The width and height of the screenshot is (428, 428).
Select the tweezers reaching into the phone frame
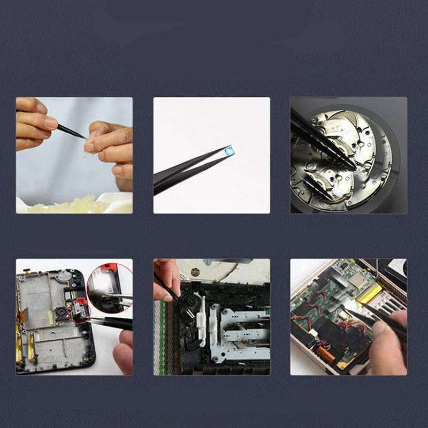click(x=107, y=322)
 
